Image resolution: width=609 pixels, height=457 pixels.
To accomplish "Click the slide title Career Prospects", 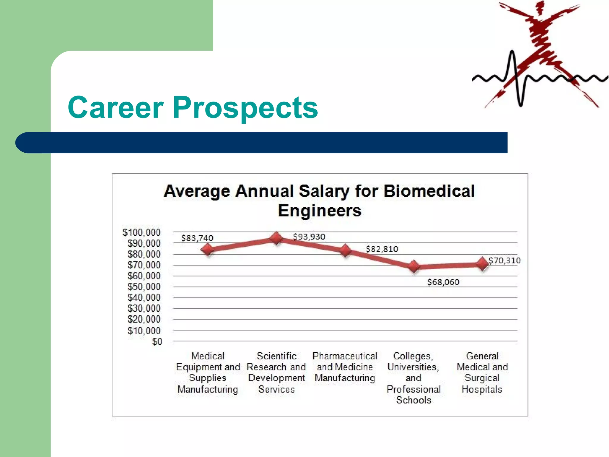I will (x=193, y=108).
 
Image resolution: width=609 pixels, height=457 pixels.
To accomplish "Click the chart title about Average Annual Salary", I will (x=319, y=201).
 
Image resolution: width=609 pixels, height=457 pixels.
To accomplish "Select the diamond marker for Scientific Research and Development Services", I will (x=276, y=238).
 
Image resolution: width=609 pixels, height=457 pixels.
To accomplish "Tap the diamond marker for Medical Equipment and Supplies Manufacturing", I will (x=208, y=249).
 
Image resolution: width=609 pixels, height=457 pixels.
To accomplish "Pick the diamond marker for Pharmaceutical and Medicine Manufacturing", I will (x=345, y=251).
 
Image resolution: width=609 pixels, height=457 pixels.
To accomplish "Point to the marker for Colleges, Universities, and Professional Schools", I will (x=414, y=266).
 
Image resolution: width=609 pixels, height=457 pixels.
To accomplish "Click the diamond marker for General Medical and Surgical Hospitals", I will (x=482, y=264).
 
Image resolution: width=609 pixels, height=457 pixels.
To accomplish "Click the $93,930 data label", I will (x=309, y=237).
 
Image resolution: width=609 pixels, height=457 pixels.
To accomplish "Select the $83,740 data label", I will (x=197, y=238).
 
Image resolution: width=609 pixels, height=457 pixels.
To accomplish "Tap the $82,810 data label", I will (x=382, y=249).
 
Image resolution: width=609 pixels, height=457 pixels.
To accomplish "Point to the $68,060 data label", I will (x=443, y=282).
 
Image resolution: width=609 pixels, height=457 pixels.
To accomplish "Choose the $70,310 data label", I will (x=505, y=261).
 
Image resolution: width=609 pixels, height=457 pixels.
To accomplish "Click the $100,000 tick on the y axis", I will (x=142, y=232).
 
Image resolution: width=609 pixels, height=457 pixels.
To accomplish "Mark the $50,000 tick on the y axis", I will (x=144, y=287).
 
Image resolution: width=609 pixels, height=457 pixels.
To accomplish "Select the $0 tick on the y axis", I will (x=157, y=342).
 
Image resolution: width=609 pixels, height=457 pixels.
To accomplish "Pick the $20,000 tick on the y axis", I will (x=144, y=319).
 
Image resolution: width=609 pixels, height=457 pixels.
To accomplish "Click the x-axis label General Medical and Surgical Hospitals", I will (x=482, y=373).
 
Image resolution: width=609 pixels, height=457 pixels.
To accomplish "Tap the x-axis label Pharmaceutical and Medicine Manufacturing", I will (x=345, y=367).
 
